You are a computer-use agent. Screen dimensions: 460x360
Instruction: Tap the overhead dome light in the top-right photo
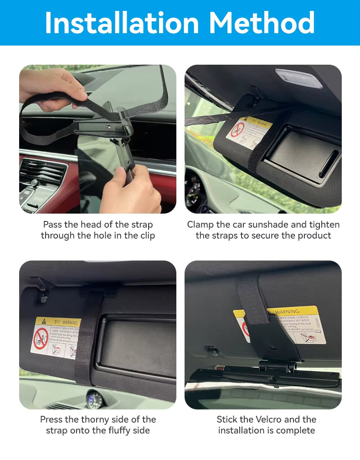point(298,78)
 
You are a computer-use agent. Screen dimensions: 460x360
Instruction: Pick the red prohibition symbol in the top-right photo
point(237,129)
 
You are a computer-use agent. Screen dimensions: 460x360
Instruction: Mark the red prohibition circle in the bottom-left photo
point(41,339)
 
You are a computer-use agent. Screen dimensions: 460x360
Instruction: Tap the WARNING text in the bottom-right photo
point(287,312)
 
